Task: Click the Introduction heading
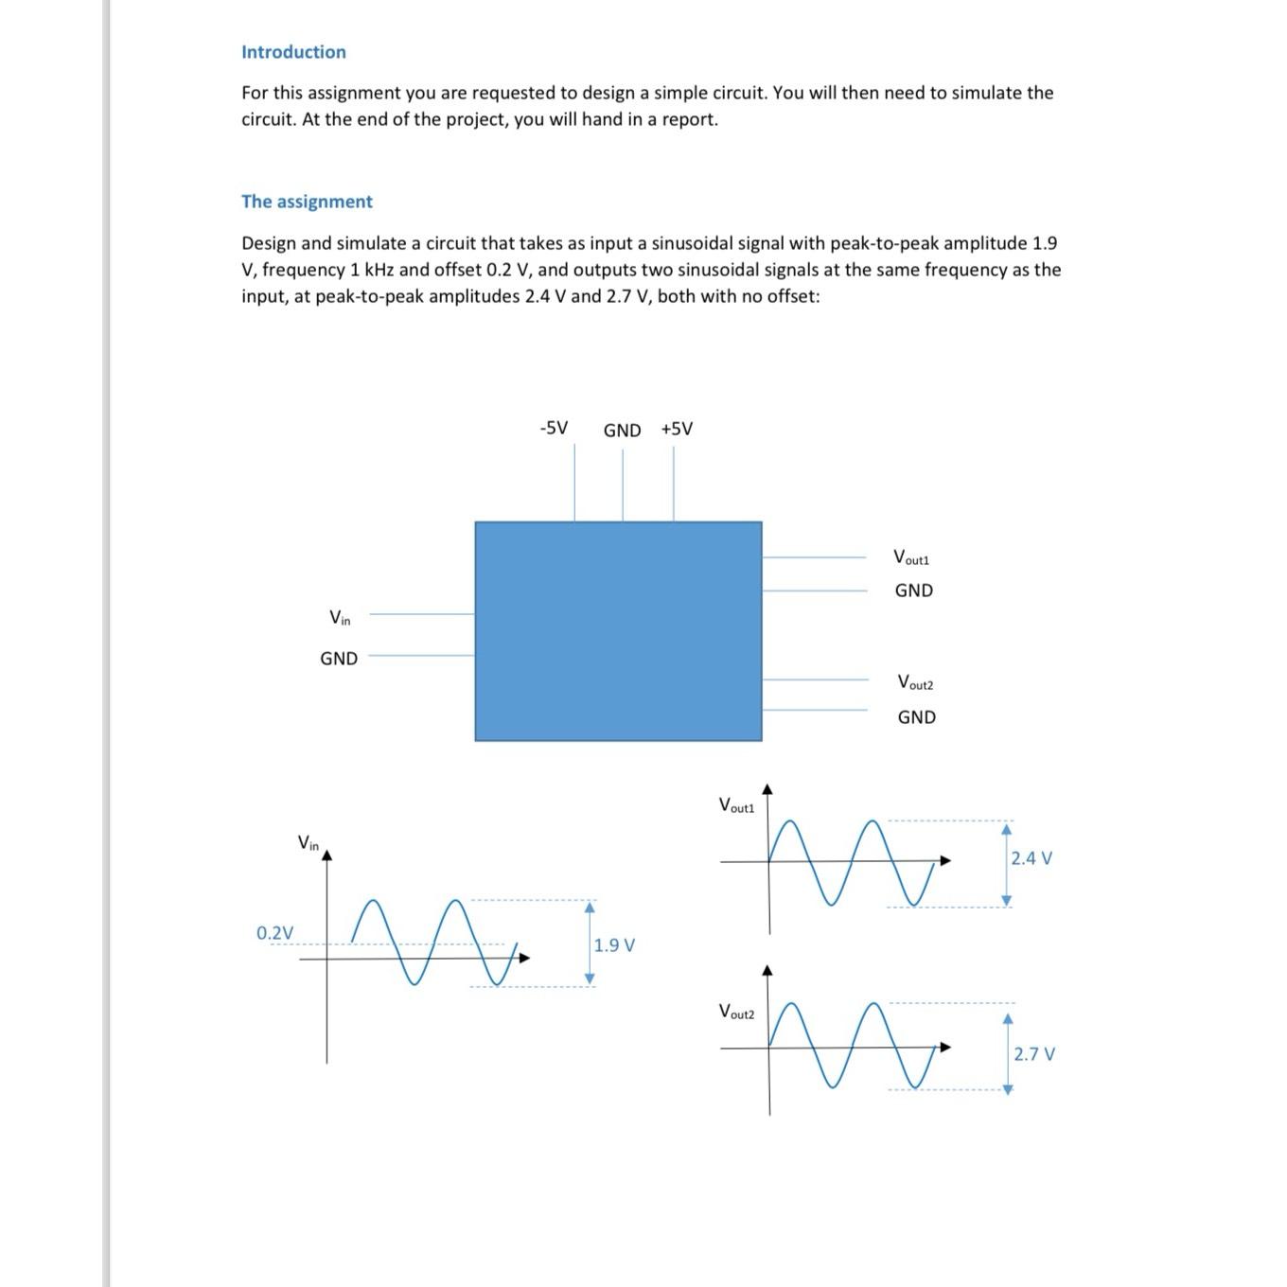point(293,52)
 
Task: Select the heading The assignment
point(307,202)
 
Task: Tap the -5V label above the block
point(554,428)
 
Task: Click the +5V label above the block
point(677,429)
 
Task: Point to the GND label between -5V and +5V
point(622,431)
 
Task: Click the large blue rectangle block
point(618,630)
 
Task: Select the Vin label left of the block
point(340,618)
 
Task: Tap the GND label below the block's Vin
point(339,659)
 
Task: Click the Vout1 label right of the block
point(911,557)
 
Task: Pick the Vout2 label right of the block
point(915,682)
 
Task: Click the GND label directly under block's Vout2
point(916,717)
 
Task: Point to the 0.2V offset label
point(274,933)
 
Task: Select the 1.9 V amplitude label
point(614,945)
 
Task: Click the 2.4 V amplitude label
point(1031,858)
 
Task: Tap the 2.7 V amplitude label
point(1034,1054)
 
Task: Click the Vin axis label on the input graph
point(309,842)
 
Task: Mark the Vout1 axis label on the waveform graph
point(736,806)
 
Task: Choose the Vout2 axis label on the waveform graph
point(736,1012)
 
